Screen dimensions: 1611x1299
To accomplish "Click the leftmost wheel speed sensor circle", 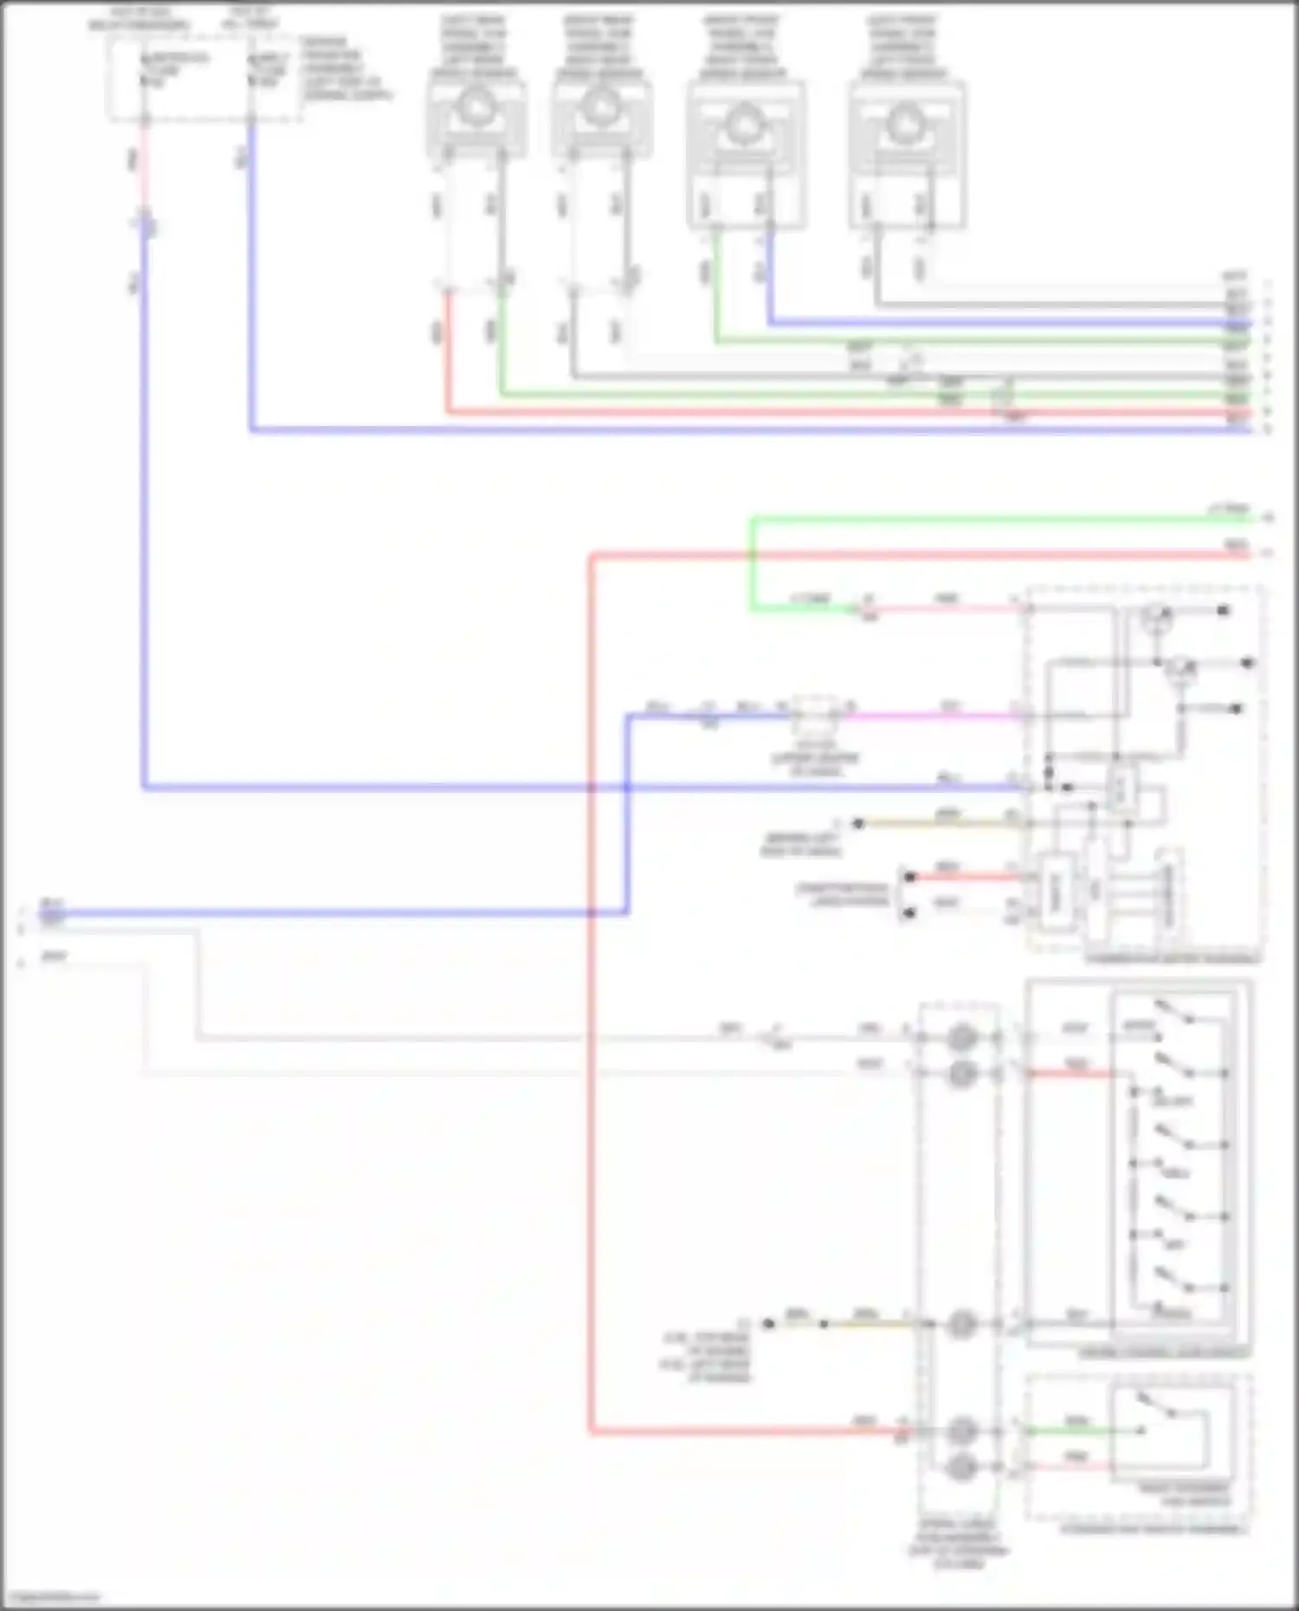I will tap(475, 108).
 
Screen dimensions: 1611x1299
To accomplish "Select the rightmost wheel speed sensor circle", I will tap(906, 121).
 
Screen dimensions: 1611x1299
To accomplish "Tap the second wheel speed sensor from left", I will tap(600, 108).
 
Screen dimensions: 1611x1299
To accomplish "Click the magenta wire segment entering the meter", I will tap(935, 716).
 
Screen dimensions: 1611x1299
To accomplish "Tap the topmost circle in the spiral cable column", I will tap(960, 1036).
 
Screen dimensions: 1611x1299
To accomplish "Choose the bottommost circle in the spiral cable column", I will tap(960, 1466).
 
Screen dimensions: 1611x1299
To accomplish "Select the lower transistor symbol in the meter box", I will tap(1179, 667).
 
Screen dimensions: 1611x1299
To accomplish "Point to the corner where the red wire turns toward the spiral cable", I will tap(591, 1433).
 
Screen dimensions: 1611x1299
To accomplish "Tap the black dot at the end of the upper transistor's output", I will tap(1223, 611).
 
